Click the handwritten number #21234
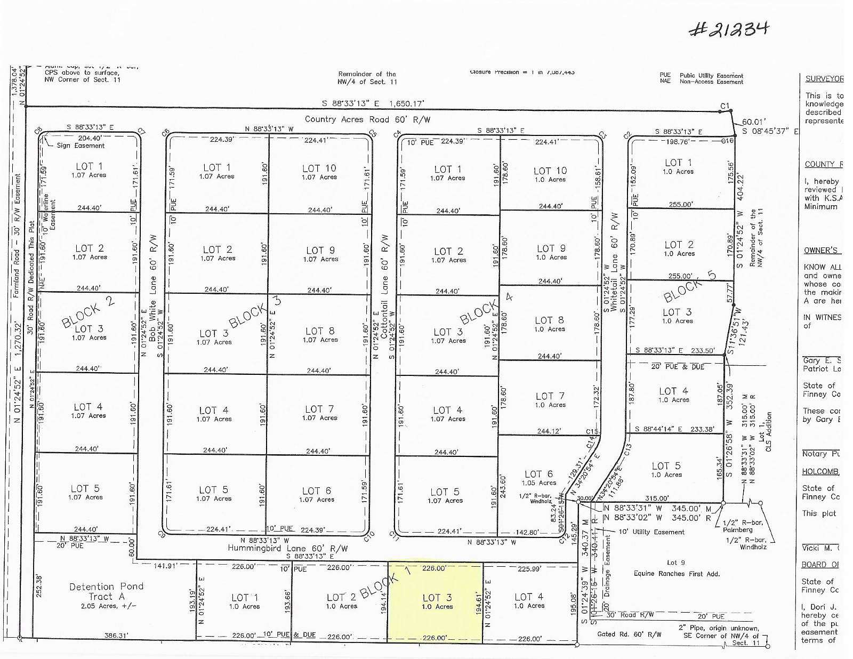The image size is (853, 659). tap(729, 29)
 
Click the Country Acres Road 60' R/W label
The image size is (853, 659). tap(367, 119)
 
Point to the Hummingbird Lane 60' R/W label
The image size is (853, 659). tap(287, 548)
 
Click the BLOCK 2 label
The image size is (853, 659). tap(88, 312)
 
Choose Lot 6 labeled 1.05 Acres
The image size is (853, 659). tap(539, 478)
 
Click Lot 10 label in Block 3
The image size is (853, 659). tap(319, 172)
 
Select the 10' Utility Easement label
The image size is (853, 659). tap(651, 532)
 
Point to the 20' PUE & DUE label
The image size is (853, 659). tap(678, 367)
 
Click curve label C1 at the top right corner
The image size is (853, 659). tap(725, 107)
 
